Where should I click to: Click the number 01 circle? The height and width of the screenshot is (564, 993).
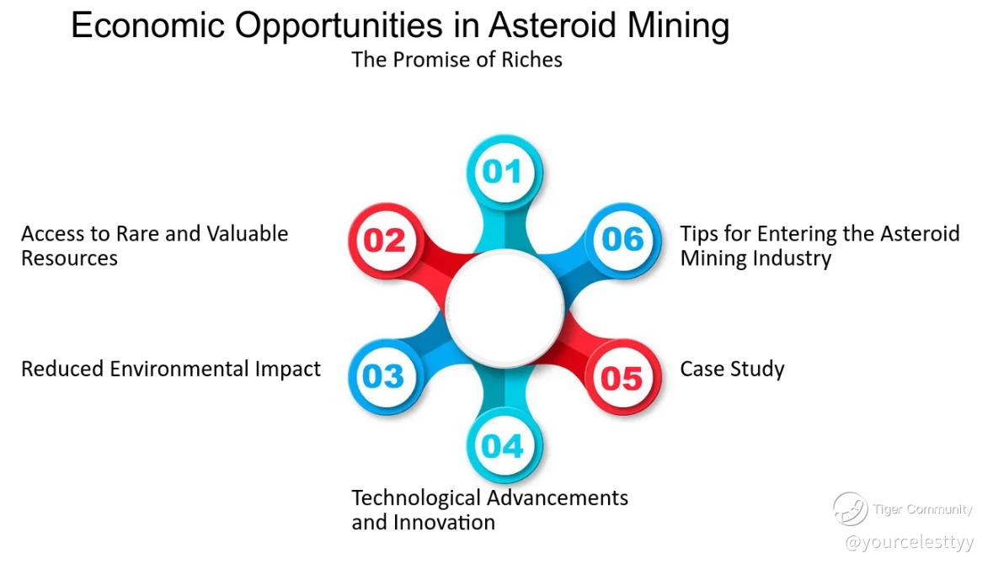point(505,172)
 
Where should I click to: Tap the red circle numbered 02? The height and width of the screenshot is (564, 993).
point(386,241)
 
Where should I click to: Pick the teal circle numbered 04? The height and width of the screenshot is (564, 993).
point(505,445)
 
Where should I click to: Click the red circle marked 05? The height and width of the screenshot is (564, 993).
point(623,377)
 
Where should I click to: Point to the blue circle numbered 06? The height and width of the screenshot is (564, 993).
point(623,240)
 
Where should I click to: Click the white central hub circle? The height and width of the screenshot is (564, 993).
point(505,308)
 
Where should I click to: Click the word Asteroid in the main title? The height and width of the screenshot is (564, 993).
point(552,26)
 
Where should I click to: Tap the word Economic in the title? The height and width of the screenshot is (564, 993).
point(147,26)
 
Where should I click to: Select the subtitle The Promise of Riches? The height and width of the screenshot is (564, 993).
point(456,60)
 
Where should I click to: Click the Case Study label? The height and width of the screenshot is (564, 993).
point(732,369)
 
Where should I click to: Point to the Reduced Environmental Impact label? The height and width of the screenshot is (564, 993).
point(171,369)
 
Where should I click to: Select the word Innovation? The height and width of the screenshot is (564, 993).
point(444,523)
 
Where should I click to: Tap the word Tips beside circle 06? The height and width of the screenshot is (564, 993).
point(699,234)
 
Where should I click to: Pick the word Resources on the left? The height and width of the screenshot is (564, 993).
point(70,258)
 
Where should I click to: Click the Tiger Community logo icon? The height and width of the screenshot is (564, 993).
point(850,509)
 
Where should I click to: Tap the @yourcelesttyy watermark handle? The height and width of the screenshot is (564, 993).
point(910,542)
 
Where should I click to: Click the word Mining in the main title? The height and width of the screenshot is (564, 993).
point(678,27)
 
